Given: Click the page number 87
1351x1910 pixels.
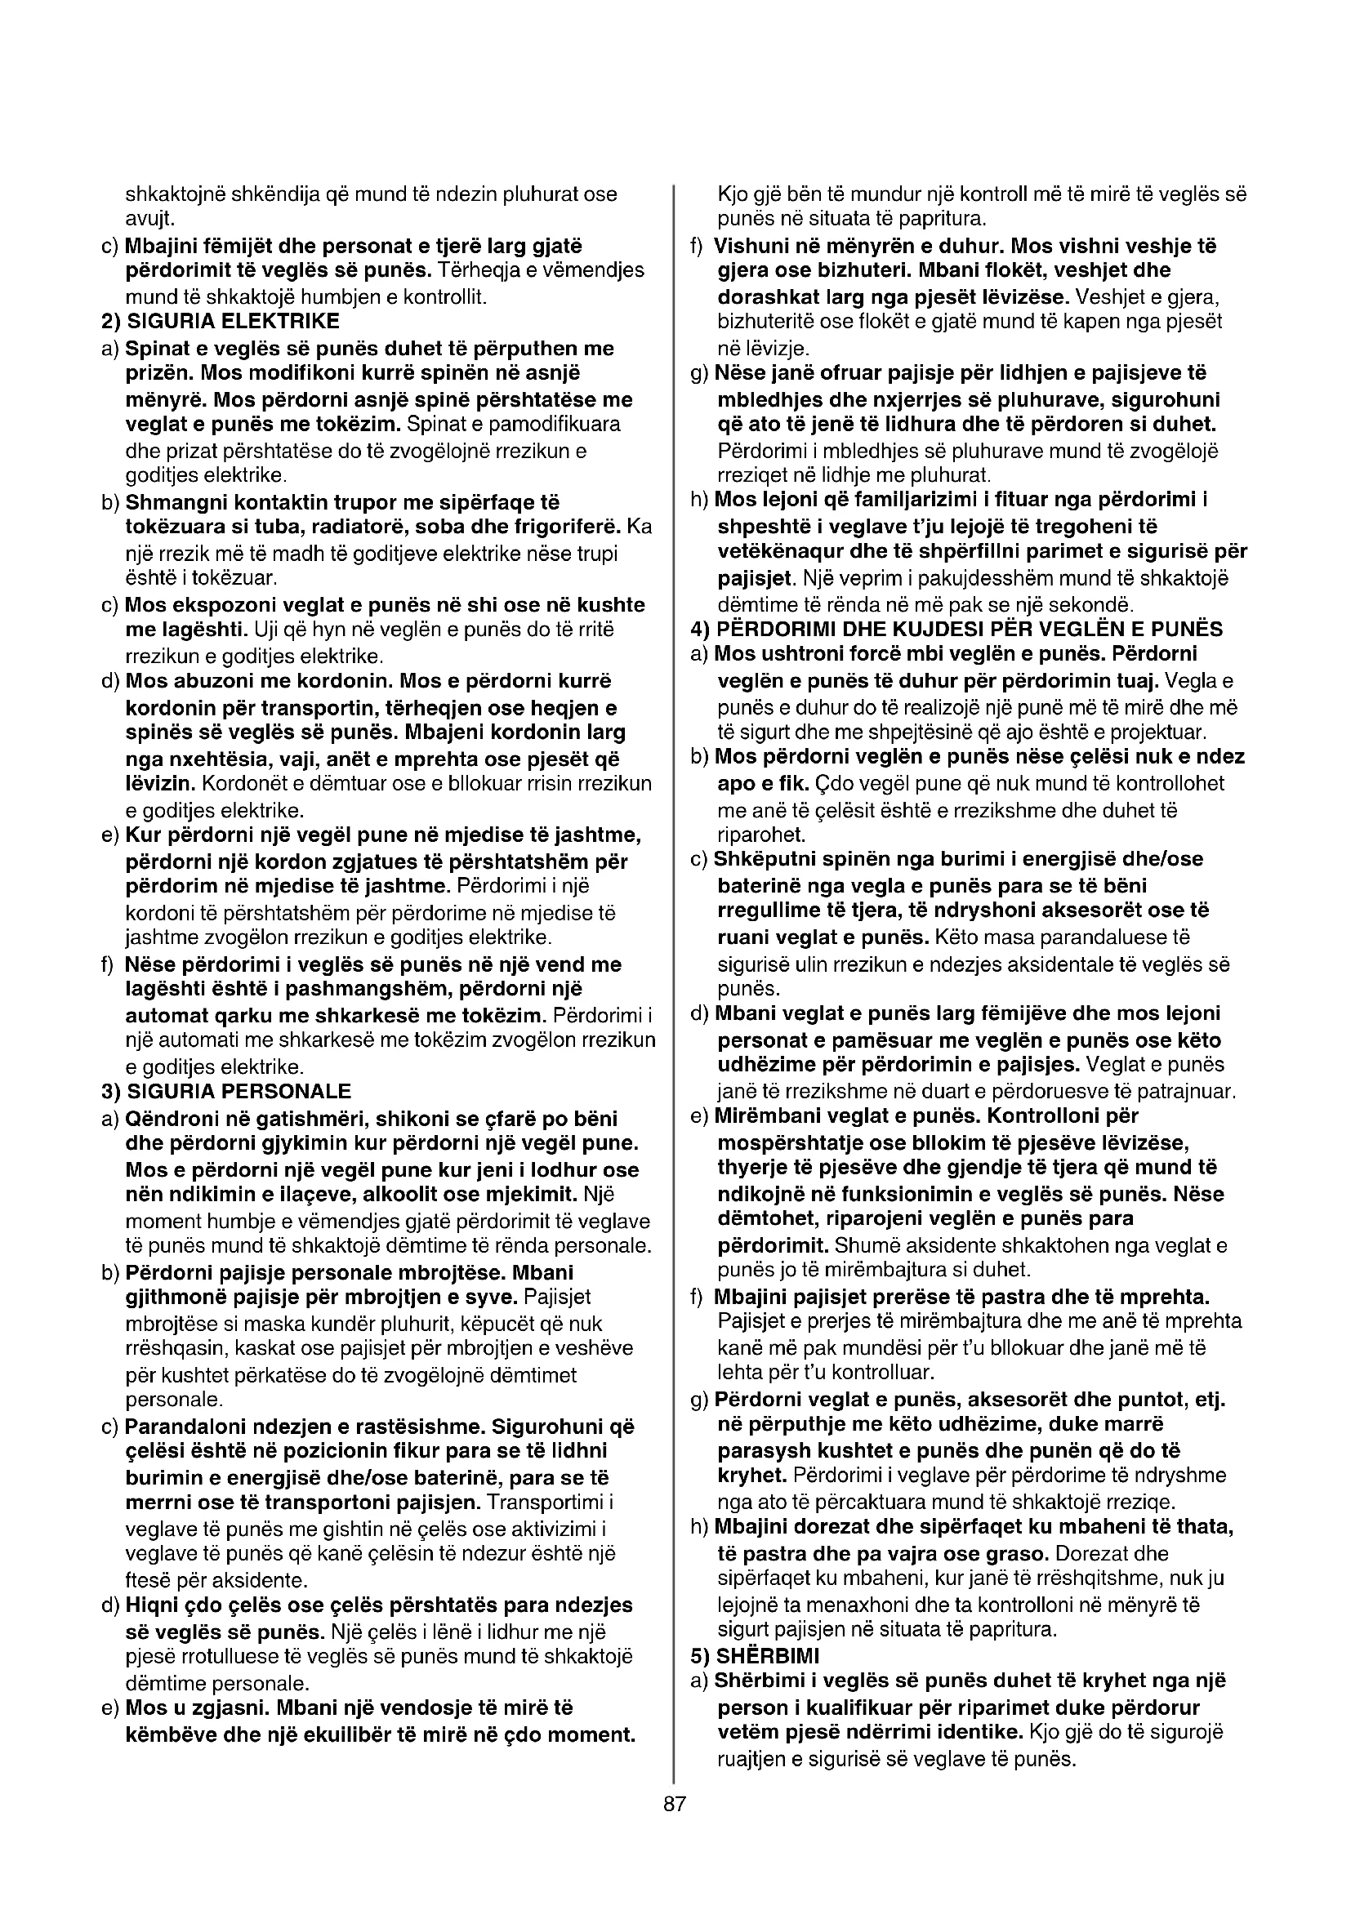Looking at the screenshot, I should pos(675,1805).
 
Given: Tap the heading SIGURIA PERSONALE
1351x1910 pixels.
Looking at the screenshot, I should pos(239,1091).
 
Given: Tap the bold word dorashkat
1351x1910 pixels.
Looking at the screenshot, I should pos(767,296).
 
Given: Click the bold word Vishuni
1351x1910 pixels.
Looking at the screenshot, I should pos(753,247).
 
